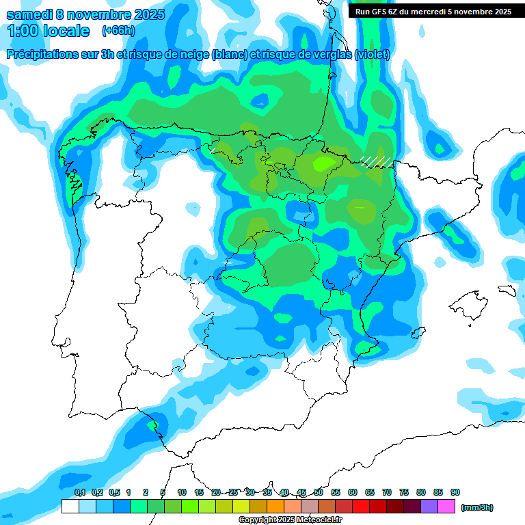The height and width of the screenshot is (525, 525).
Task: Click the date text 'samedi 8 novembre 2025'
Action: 85,14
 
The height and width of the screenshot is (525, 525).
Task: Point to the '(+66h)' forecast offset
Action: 118,31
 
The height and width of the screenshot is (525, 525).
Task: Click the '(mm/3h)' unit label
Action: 477,507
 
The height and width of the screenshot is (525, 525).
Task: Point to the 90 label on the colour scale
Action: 455,492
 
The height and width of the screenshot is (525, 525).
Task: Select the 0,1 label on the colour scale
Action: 79,492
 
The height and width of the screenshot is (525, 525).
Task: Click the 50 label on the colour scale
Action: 319,492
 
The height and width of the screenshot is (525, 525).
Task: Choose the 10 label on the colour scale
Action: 182,492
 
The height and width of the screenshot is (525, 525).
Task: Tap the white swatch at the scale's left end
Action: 70,507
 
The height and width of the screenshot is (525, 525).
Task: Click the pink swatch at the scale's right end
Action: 446,507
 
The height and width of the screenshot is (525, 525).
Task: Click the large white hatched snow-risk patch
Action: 377,161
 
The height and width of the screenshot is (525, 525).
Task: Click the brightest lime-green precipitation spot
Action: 321,164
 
